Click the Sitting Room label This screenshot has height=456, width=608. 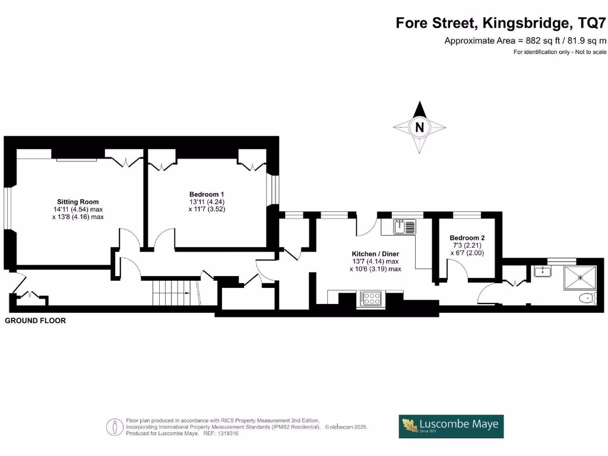[78, 202]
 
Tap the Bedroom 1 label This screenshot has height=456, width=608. [207, 194]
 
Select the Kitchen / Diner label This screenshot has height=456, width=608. [375, 254]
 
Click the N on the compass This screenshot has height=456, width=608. [420, 127]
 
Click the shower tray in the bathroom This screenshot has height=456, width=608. [580, 277]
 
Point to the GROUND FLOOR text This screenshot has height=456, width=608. [36, 321]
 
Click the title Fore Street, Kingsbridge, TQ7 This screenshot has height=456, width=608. [502, 24]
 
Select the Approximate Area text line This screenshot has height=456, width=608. [525, 40]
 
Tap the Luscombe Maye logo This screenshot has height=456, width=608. [451, 426]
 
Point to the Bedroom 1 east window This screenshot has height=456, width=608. [273, 188]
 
